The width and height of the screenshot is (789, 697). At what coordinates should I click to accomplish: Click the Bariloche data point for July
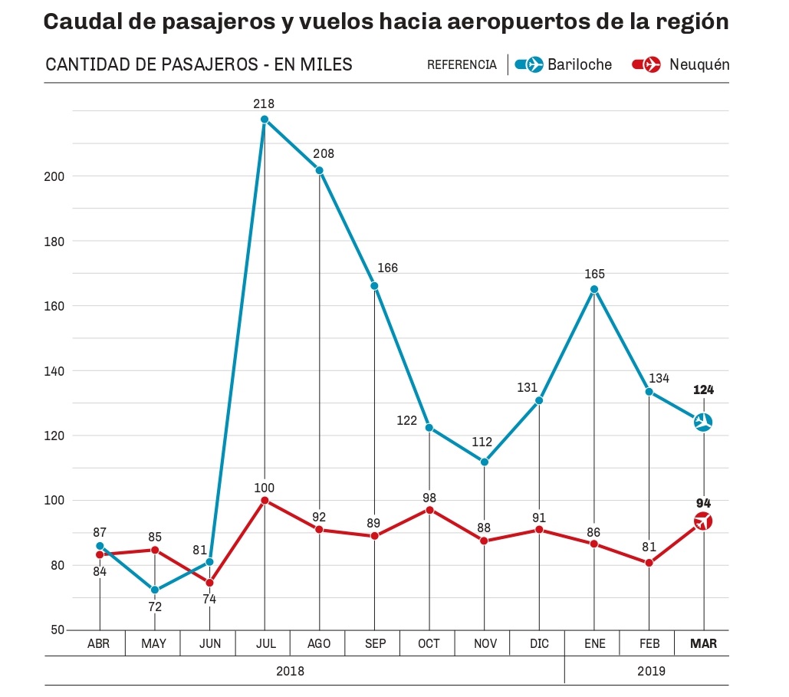[265, 120]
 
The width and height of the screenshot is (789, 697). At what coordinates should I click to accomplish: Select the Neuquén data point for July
[265, 501]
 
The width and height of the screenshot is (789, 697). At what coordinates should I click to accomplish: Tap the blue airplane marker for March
[703, 422]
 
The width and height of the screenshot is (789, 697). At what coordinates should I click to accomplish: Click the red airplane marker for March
[703, 521]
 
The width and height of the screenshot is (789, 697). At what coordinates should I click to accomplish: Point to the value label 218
[265, 104]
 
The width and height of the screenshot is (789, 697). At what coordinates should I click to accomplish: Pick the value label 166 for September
[388, 268]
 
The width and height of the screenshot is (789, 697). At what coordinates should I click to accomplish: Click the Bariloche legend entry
[564, 65]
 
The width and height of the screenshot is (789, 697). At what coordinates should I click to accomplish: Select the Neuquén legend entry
[681, 65]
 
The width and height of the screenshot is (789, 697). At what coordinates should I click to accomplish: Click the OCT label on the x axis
[429, 644]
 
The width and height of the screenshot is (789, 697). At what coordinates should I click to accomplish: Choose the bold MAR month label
[703, 644]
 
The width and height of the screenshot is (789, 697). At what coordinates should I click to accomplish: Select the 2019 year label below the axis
[651, 671]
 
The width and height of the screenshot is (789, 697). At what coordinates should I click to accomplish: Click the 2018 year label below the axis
[290, 671]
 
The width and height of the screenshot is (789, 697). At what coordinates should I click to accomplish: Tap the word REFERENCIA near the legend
[462, 65]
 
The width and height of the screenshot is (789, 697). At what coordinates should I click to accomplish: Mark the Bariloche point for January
[594, 289]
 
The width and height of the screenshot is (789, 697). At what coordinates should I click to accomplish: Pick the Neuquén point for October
[429, 510]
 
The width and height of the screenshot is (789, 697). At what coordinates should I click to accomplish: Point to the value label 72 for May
[155, 607]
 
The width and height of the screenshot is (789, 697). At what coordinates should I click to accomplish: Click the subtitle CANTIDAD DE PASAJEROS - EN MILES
[199, 65]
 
